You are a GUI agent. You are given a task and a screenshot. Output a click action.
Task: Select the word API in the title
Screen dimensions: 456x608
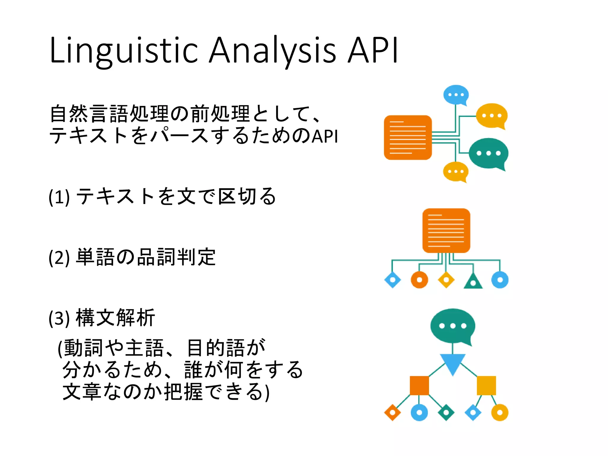373,50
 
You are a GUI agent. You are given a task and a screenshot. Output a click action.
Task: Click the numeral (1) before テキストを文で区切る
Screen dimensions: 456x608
59,197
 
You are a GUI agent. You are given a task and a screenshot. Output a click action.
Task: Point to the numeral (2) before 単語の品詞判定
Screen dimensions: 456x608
59,257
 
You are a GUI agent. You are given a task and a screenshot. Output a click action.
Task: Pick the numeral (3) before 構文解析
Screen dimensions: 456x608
59,318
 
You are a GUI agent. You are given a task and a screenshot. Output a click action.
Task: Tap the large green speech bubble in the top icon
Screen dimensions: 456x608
488,153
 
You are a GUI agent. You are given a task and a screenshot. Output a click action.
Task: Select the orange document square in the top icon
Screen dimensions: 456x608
408,137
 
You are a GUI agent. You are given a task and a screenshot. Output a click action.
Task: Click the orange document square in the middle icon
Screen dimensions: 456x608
446,231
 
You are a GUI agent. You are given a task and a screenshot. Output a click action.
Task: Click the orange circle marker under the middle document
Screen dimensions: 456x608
419,280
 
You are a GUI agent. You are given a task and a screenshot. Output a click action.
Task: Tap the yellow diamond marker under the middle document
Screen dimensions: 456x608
446,280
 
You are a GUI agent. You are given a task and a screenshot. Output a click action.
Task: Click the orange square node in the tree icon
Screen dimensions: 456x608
419,385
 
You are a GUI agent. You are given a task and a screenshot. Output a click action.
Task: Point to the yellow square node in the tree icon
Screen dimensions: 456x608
486,385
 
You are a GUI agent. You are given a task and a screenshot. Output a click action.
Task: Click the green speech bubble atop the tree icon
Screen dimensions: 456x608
452,326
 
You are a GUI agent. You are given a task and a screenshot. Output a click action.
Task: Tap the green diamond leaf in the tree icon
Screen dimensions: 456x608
446,412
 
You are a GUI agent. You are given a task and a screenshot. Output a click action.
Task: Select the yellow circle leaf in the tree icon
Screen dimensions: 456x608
500,412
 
